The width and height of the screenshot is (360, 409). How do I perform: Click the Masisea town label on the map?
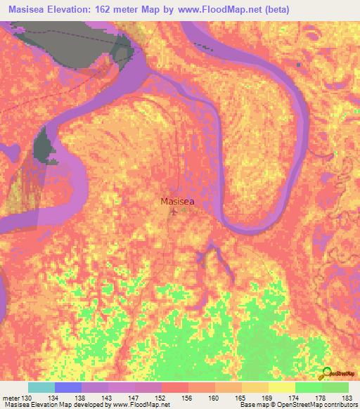177,201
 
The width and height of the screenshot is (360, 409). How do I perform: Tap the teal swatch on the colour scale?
41,387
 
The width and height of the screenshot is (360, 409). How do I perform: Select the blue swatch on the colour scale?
68,387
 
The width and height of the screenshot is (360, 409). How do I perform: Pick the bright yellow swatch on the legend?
282,387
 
